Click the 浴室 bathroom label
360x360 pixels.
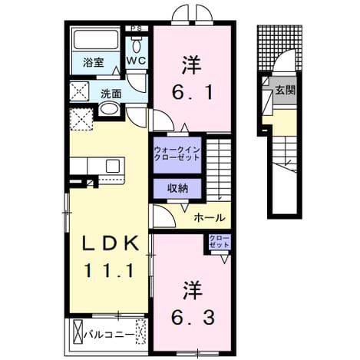coord(93,63)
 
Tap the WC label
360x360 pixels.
coord(137,61)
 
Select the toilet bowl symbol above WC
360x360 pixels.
coord(137,46)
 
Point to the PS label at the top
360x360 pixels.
coord(137,28)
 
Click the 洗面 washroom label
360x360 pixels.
coord(111,94)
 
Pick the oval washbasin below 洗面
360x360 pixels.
coord(108,109)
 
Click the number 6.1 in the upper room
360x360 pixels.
coord(193,93)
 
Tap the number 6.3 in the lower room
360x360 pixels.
coord(193,318)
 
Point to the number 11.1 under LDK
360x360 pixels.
coord(109,271)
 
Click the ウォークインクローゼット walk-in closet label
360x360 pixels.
coord(177,153)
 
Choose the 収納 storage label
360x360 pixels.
coord(178,189)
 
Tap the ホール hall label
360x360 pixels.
coord(210,218)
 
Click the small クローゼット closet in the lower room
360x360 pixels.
coord(220,242)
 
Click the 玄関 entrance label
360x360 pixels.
coord(286,90)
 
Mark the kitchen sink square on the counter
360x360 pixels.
coord(113,166)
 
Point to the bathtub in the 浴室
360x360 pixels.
coord(95,41)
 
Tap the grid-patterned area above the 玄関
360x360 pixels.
coord(280,48)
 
